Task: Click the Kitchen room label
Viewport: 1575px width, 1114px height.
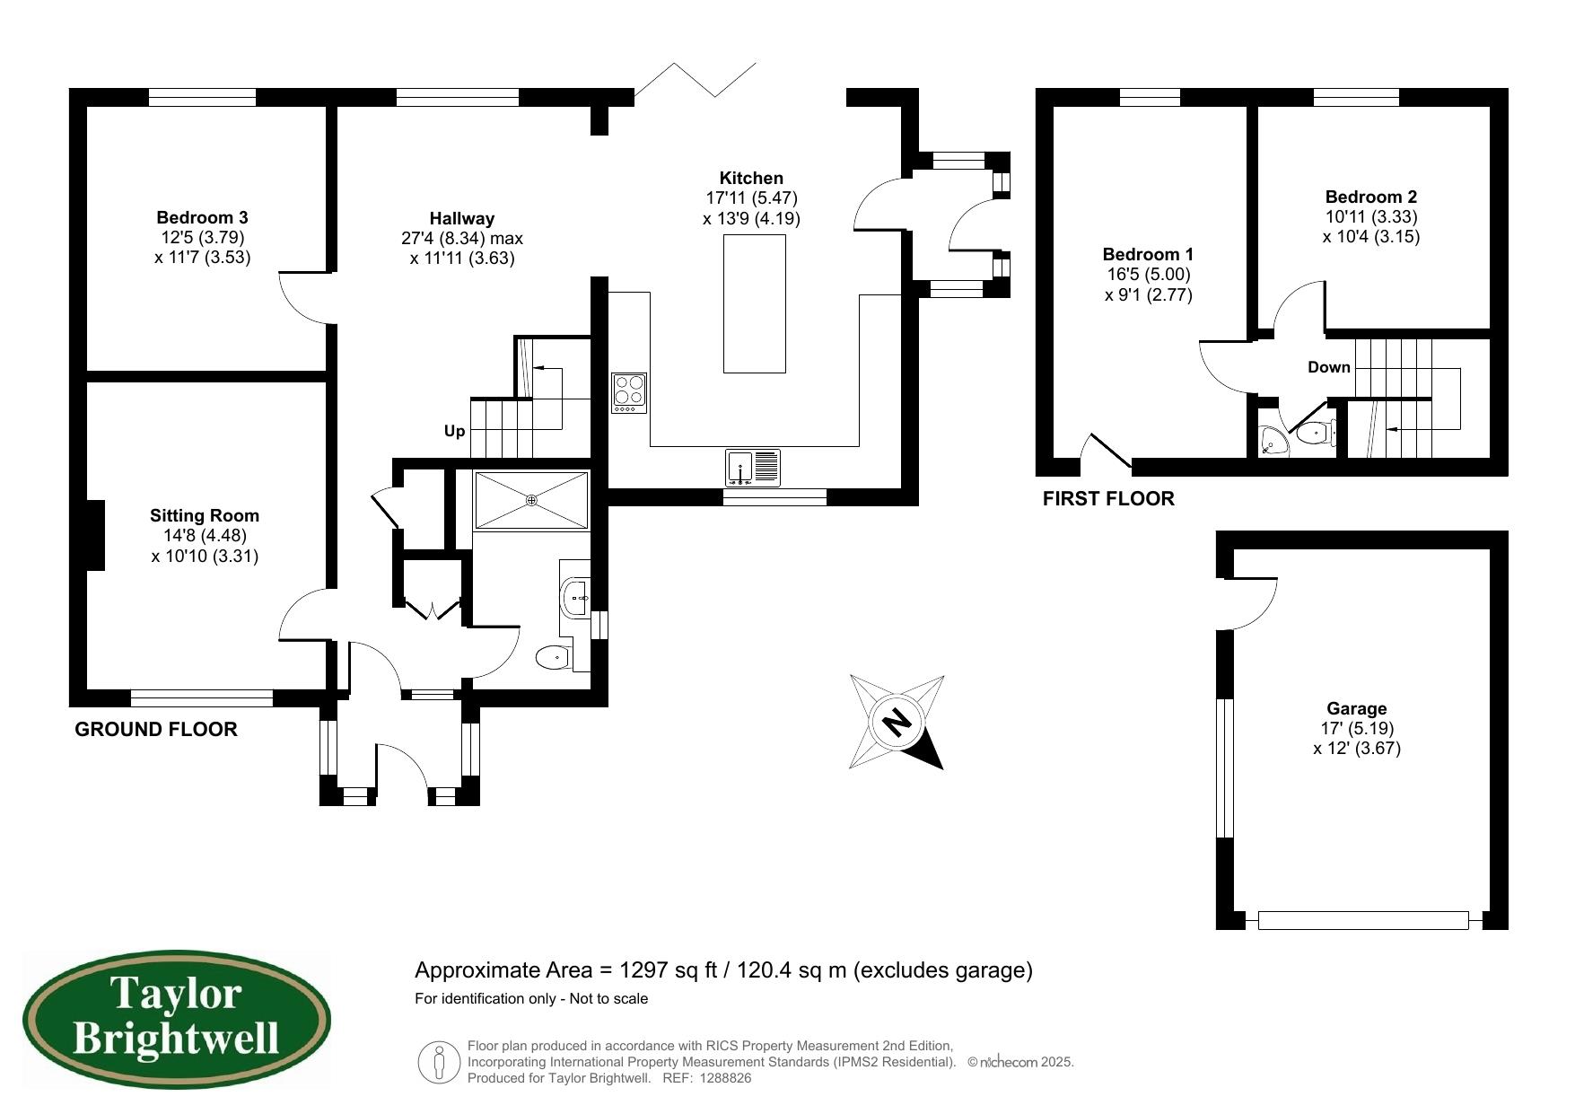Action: tap(751, 178)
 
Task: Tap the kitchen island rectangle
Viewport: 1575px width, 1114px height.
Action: tap(754, 303)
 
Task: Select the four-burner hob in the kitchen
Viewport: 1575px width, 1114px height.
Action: tap(629, 392)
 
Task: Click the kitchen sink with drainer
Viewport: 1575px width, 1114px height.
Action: tap(754, 468)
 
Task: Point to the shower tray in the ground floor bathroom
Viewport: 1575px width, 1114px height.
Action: tap(531, 500)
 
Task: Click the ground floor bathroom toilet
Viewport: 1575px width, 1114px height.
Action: tap(553, 658)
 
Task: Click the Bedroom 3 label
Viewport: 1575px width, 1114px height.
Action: tap(202, 217)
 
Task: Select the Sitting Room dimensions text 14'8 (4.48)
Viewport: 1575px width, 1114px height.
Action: tap(205, 536)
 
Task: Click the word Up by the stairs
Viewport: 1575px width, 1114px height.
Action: tap(455, 431)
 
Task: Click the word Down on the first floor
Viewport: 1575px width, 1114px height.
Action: tap(1328, 367)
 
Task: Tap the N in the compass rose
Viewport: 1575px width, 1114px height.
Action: tap(896, 723)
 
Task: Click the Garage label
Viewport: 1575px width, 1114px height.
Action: tap(1356, 708)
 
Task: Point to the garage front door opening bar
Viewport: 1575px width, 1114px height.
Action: tap(1362, 920)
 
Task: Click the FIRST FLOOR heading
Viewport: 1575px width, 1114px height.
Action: tap(1107, 499)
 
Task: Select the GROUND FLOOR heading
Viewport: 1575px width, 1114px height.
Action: tap(156, 730)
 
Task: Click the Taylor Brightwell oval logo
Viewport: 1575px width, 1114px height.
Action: tap(176, 1021)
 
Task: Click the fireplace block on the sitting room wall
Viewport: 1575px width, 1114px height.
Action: tap(94, 534)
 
